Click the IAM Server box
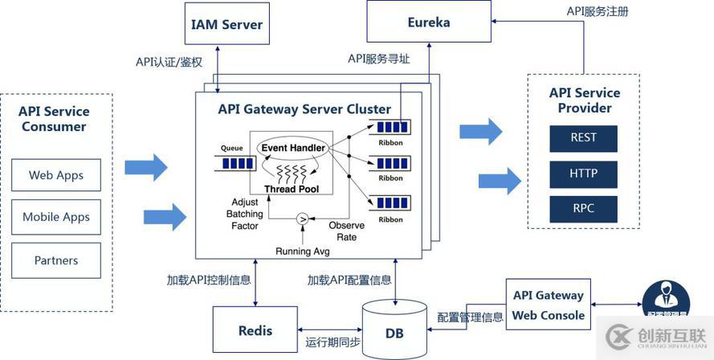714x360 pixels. click(226, 24)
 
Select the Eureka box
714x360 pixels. click(428, 22)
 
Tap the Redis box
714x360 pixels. click(255, 330)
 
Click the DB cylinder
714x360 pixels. click(394, 329)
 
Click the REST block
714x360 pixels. click(583, 137)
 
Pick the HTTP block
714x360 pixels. click(583, 174)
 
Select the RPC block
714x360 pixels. click(583, 210)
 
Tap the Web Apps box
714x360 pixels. click(56, 175)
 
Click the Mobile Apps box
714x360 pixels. click(56, 217)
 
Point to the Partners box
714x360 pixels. click(56, 260)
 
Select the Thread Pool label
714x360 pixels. click(292, 189)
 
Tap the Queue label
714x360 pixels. click(231, 149)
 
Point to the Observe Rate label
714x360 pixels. click(346, 231)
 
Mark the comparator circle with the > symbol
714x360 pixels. click(303, 218)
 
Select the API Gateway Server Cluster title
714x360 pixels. click(304, 109)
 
